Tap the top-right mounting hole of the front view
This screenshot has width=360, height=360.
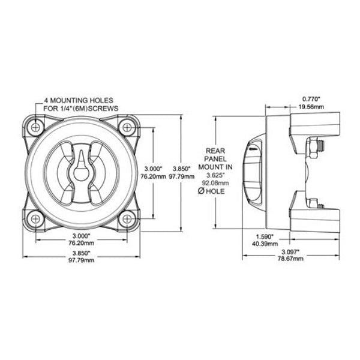[x=126, y=127]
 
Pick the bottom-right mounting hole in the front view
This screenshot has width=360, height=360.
[x=126, y=219]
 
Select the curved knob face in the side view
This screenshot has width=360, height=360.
[x=253, y=171]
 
